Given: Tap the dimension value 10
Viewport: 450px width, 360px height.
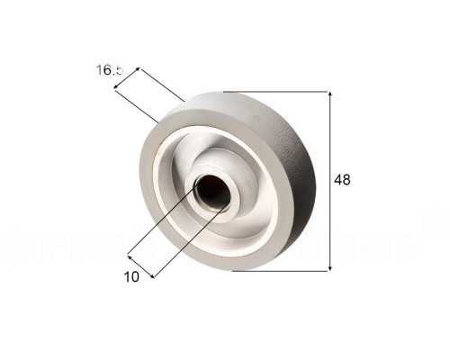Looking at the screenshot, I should pyautogui.click(x=132, y=277).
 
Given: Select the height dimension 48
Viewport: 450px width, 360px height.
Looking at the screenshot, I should pyautogui.click(x=342, y=180).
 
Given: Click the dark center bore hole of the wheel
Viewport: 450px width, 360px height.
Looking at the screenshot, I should pyautogui.click(x=212, y=191).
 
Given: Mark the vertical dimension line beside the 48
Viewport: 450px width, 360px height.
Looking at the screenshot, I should pyautogui.click(x=330, y=216).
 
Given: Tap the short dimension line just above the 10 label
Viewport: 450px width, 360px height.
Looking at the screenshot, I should pyautogui.click(x=141, y=265).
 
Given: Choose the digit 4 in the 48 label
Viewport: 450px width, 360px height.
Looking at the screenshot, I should pyautogui.click(x=337, y=180).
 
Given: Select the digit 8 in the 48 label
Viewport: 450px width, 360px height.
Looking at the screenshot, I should pyautogui.click(x=346, y=180).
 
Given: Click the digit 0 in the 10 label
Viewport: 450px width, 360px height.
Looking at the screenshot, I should pyautogui.click(x=136, y=277).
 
